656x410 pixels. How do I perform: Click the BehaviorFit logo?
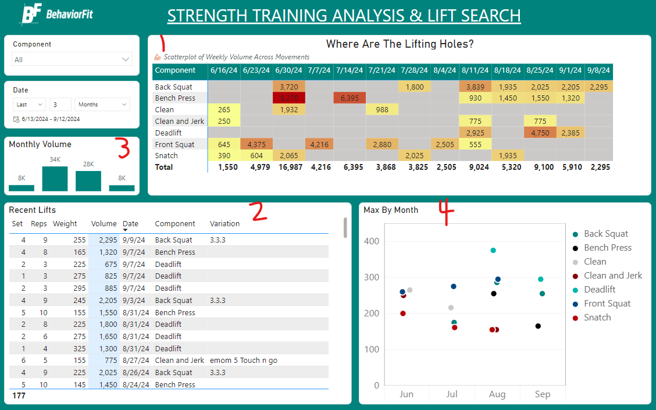click(x=56, y=15)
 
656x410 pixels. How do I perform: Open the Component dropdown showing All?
click(x=72, y=59)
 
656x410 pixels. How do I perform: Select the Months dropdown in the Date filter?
click(x=102, y=105)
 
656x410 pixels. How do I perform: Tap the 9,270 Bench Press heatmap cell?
click(x=289, y=98)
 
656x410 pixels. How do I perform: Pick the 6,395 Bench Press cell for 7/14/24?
click(x=350, y=98)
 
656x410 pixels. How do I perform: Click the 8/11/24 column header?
click(x=475, y=70)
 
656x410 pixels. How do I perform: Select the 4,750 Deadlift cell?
click(x=540, y=133)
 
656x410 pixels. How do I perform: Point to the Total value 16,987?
click(x=289, y=167)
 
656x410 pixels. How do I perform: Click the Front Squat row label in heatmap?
click(x=174, y=144)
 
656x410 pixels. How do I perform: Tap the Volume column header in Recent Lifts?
click(x=104, y=224)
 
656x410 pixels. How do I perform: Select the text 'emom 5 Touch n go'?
click(x=244, y=361)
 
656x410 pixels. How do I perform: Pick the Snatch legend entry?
click(x=597, y=318)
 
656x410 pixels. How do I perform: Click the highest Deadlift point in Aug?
click(x=493, y=251)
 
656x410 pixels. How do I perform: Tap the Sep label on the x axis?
click(x=543, y=394)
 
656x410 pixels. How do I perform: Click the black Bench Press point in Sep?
click(x=538, y=326)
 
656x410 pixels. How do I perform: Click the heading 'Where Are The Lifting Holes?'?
click(x=400, y=44)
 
